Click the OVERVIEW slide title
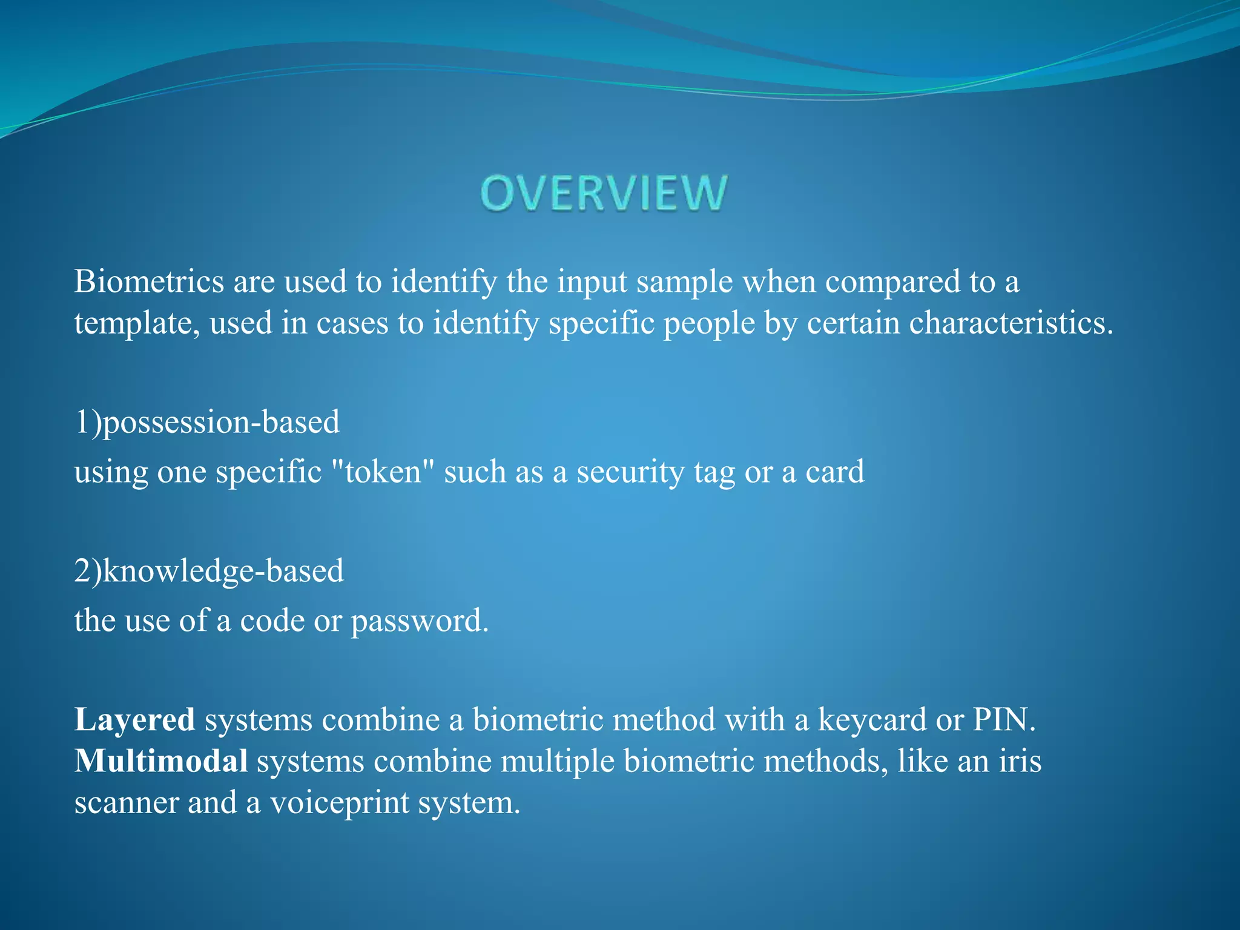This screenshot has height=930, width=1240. [x=604, y=193]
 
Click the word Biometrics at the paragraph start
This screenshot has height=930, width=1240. [x=149, y=282]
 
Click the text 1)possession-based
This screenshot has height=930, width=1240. [x=206, y=422]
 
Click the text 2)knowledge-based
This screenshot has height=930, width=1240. [x=209, y=571]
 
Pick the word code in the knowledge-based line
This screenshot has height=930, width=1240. [x=272, y=621]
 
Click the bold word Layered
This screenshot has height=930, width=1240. [x=134, y=720]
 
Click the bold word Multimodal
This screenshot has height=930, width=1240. [x=160, y=761]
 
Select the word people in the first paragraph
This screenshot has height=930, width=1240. [x=709, y=323]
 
